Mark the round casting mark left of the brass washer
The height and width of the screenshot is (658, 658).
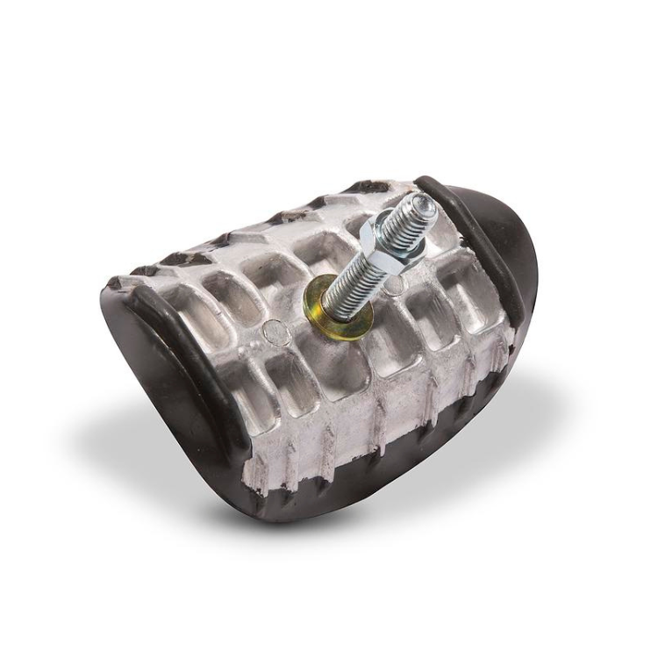tap(276, 331)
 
